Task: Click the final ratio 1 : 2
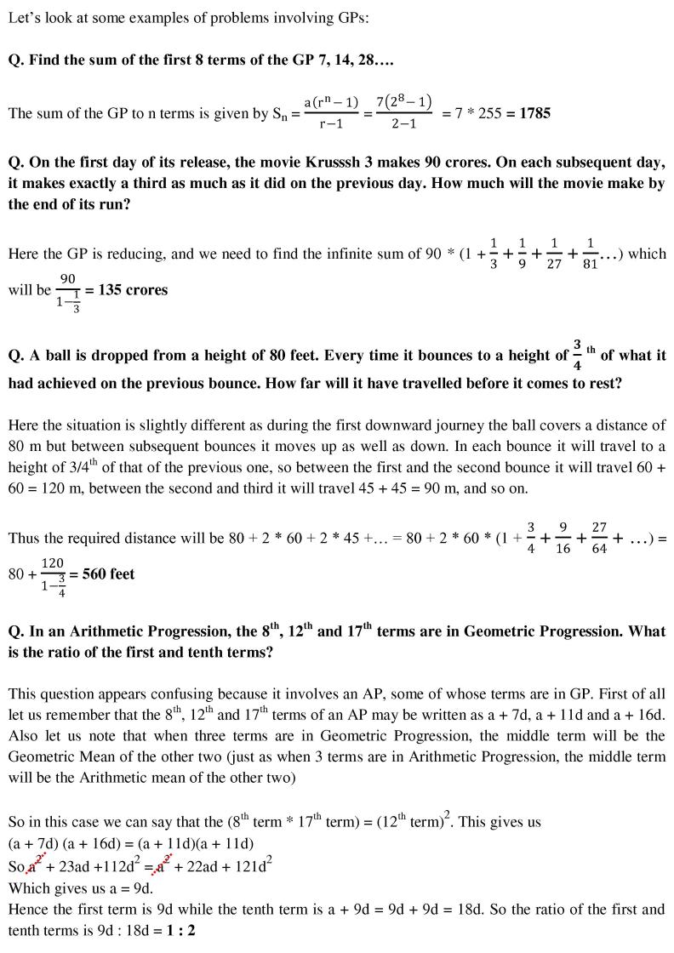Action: click(180, 931)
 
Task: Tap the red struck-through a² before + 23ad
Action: click(35, 866)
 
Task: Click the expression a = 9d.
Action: click(113, 887)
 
